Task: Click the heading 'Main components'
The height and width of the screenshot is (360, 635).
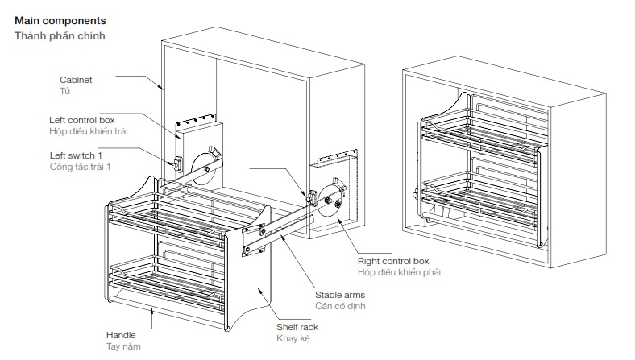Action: [x=60, y=19]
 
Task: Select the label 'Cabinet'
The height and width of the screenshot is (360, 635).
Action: [x=76, y=80]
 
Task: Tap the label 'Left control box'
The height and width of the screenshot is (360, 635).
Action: [x=82, y=119]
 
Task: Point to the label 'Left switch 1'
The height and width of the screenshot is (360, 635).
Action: [x=76, y=155]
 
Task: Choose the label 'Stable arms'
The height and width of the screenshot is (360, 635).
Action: [x=341, y=295]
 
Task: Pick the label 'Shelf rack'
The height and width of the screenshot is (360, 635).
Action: [x=297, y=327]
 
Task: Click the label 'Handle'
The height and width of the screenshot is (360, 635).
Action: [x=121, y=334]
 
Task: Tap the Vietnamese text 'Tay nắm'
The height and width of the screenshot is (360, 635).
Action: [x=123, y=346]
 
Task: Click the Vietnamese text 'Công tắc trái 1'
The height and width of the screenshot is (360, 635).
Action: [x=80, y=166]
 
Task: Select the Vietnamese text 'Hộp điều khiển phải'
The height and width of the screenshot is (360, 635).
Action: [x=399, y=272]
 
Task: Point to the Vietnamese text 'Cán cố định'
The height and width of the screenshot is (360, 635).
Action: [x=341, y=306]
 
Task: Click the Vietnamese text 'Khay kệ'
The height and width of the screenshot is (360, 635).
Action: [x=293, y=338]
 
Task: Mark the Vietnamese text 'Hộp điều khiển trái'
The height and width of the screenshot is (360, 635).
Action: [x=89, y=130]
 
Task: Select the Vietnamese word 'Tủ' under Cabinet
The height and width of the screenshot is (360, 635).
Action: [x=65, y=91]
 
